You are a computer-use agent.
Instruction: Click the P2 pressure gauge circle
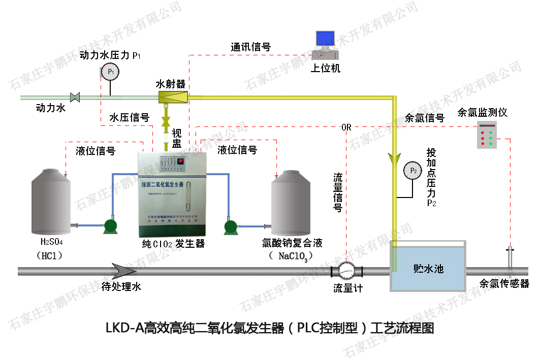[413, 171]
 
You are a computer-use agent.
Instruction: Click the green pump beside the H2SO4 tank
[110, 225]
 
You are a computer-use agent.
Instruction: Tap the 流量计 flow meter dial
[347, 270]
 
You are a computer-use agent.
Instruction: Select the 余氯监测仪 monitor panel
[487, 135]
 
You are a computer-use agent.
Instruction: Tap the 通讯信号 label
[250, 47]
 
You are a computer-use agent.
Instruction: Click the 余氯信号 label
[425, 118]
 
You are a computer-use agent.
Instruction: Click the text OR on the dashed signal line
[346, 127]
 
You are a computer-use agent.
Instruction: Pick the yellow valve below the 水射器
[165, 121]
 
